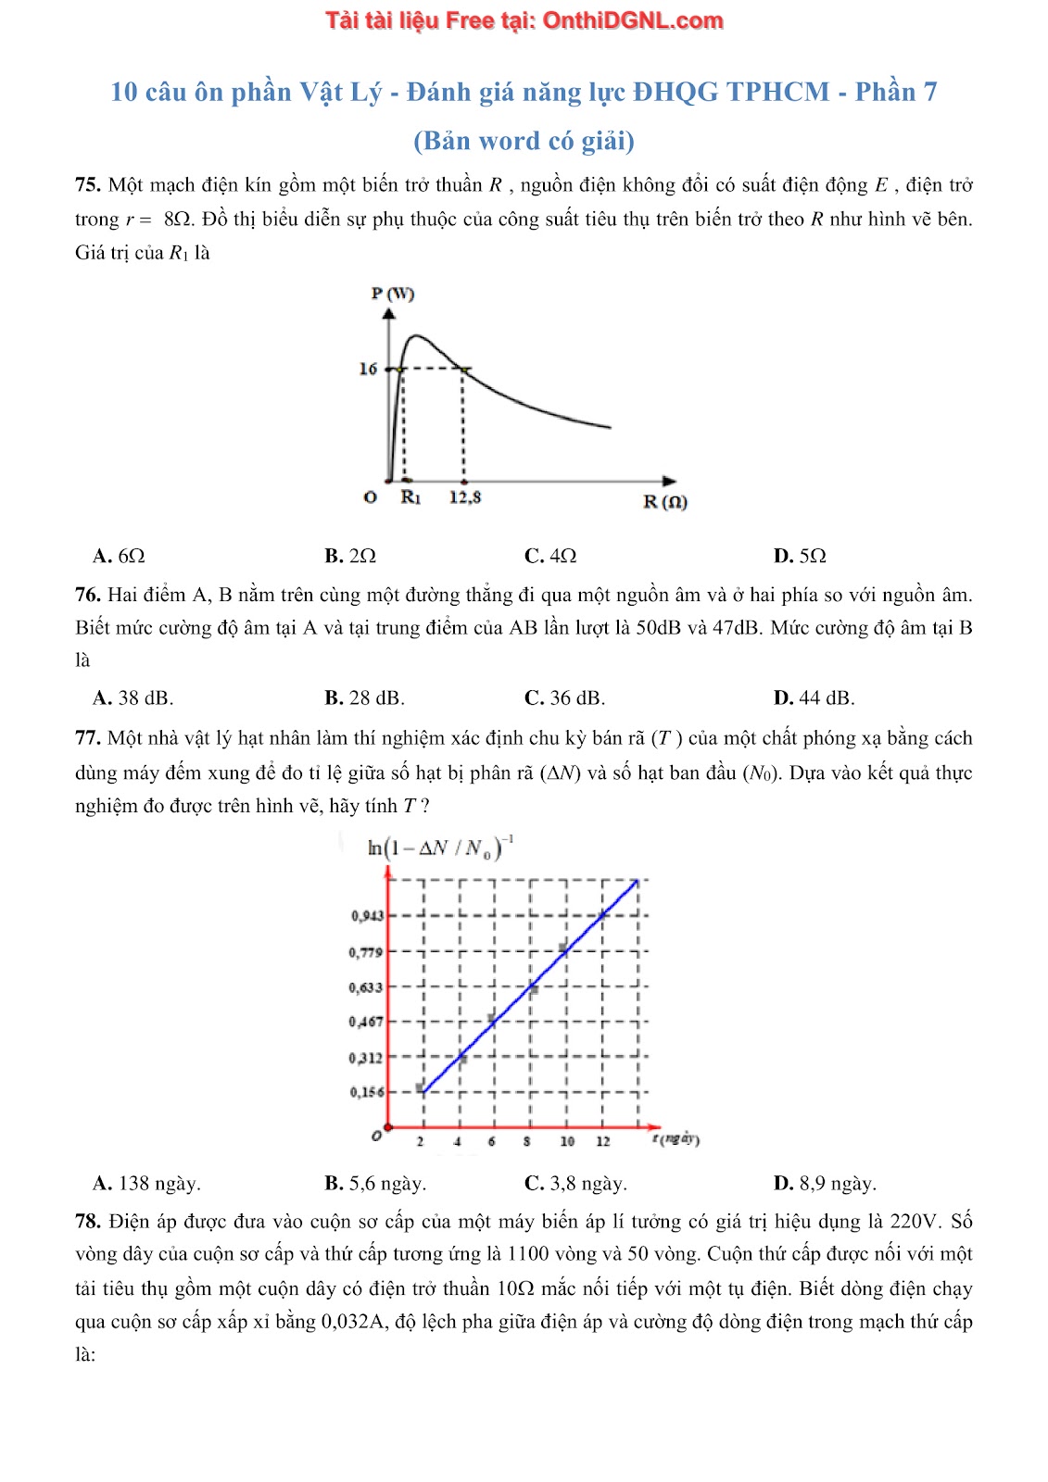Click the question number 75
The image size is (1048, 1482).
tap(87, 185)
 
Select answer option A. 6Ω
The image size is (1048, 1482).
tap(120, 556)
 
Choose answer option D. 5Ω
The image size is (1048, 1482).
tap(800, 556)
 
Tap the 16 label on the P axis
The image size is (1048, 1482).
tap(368, 369)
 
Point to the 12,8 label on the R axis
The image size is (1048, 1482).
tap(465, 497)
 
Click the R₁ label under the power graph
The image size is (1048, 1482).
tap(410, 497)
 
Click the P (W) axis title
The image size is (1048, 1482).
tap(393, 294)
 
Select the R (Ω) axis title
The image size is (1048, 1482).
tap(665, 502)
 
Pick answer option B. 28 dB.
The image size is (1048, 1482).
tap(364, 698)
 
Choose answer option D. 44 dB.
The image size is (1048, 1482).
tap(814, 698)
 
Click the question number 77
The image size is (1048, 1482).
tap(87, 738)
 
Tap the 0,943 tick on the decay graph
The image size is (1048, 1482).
tap(367, 916)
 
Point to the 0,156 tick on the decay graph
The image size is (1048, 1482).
tap(367, 1092)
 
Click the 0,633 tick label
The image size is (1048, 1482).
tap(366, 987)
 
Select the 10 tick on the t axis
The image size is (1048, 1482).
tap(567, 1141)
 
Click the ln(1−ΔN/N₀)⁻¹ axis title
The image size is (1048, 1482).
tap(440, 848)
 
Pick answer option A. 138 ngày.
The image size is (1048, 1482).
tap(146, 1184)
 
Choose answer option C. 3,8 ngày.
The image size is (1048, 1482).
tap(575, 1184)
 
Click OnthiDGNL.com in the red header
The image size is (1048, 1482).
tap(632, 20)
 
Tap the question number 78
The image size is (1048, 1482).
tap(87, 1222)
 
